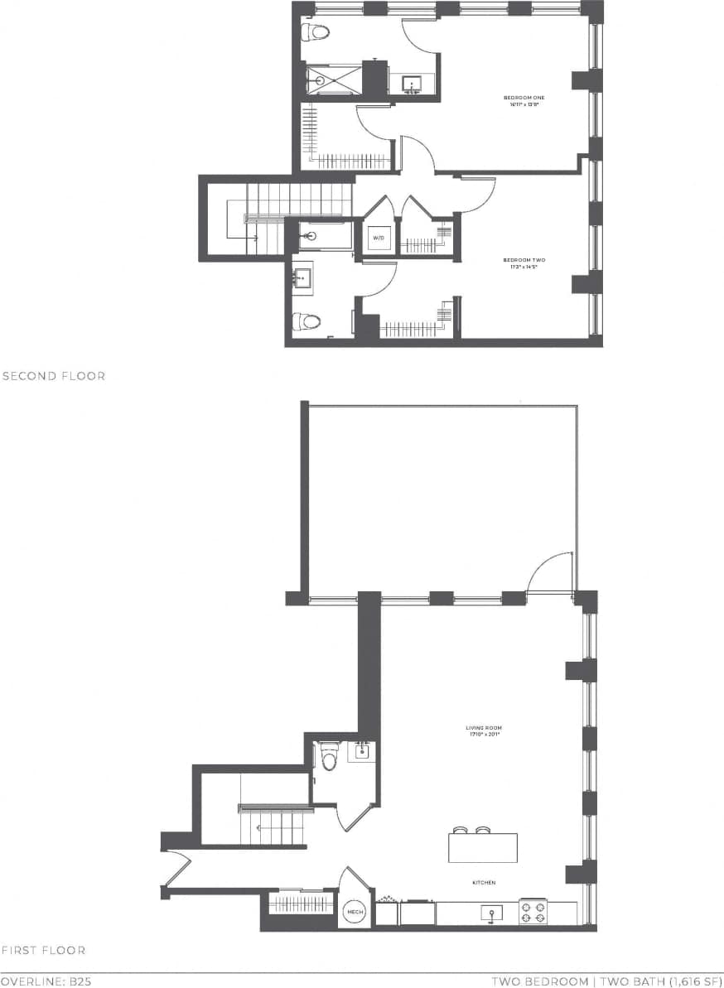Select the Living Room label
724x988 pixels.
(484, 731)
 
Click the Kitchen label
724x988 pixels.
(484, 883)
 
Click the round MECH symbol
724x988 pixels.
(355, 912)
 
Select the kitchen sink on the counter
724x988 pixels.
(492, 913)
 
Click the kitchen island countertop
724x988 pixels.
(483, 848)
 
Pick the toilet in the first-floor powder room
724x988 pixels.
(329, 758)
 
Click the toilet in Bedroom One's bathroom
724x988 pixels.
(316, 32)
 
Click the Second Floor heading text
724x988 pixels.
(54, 376)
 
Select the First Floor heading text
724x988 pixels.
(43, 950)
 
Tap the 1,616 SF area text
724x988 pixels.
(676, 981)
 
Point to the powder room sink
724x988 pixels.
(361, 752)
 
